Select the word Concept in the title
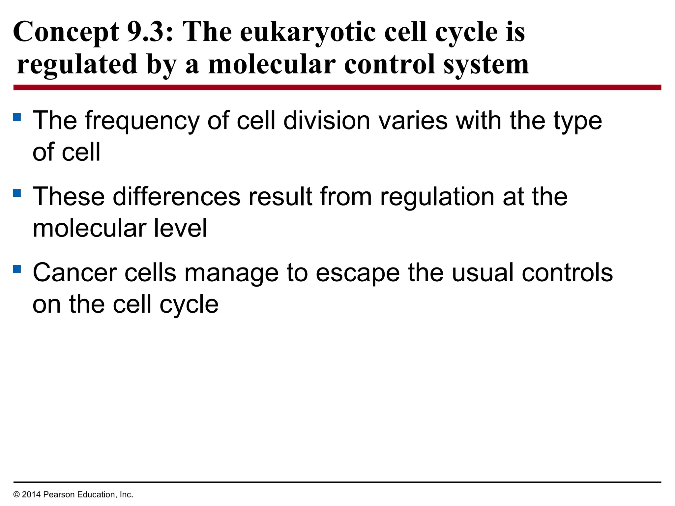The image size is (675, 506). point(66,32)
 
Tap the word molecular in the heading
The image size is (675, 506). point(272,65)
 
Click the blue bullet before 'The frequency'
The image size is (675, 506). point(17,117)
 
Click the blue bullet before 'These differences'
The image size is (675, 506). point(17,193)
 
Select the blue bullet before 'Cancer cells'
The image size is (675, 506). point(17,269)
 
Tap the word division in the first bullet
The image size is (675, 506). point(327,121)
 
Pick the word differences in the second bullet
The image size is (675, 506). point(177,197)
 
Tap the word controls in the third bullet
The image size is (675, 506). point(567,273)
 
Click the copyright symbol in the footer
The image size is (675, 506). point(16,494)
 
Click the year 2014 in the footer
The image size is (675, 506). point(31,494)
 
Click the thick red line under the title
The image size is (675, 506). point(337,87)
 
